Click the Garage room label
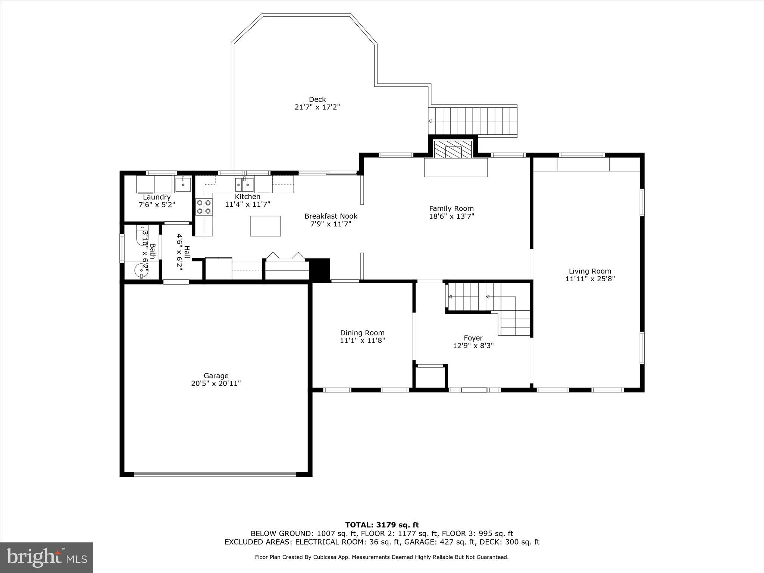pyautogui.click(x=216, y=376)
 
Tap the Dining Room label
pyautogui.click(x=362, y=333)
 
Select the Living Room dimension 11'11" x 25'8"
pyautogui.click(x=590, y=279)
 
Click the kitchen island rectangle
pyautogui.click(x=265, y=226)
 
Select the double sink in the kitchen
pyautogui.click(x=244, y=184)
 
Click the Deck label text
pyautogui.click(x=317, y=99)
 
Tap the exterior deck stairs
pyautogui.click(x=473, y=121)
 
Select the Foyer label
pyautogui.click(x=473, y=338)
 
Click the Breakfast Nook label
pyautogui.click(x=331, y=216)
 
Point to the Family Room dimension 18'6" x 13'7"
pyautogui.click(x=451, y=216)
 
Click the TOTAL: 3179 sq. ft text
pyautogui.click(x=382, y=525)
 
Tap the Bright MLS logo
pyautogui.click(x=47, y=557)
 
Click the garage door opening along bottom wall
pyautogui.click(x=215, y=475)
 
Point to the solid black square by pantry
pyautogui.click(x=320, y=269)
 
